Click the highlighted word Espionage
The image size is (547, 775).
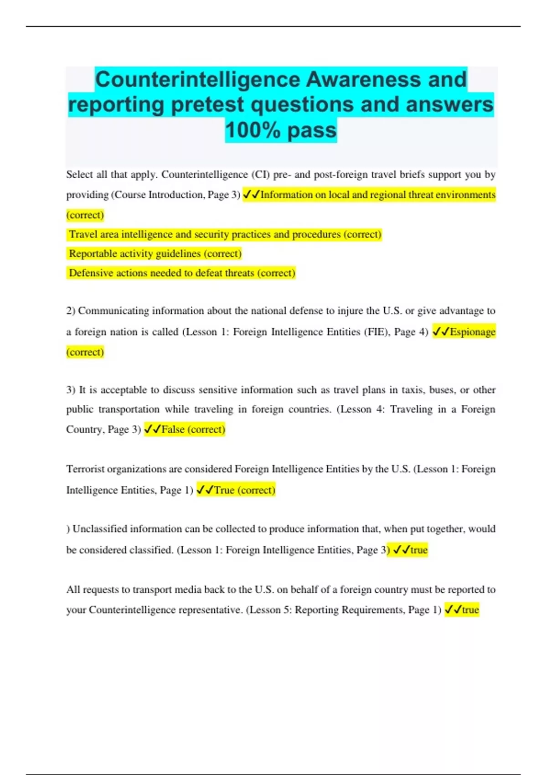coord(472,332)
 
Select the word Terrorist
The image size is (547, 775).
coord(85,469)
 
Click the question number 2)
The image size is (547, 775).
coord(71,311)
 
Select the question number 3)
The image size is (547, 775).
coord(71,390)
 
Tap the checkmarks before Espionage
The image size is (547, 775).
coord(440,332)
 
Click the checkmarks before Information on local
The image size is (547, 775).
coord(251,195)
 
